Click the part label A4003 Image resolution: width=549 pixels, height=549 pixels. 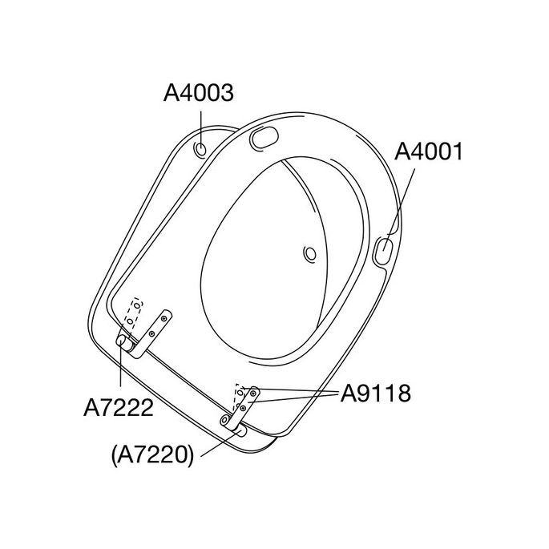pos(199,93)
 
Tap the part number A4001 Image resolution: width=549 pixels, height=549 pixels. pos(429,151)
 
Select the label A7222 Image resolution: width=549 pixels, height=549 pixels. pos(119,408)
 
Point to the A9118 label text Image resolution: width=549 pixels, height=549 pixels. pos(376,394)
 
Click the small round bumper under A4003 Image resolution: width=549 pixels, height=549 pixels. pos(201,150)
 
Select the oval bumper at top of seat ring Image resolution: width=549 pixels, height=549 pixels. pos(264,138)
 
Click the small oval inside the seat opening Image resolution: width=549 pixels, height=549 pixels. pos(310,253)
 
